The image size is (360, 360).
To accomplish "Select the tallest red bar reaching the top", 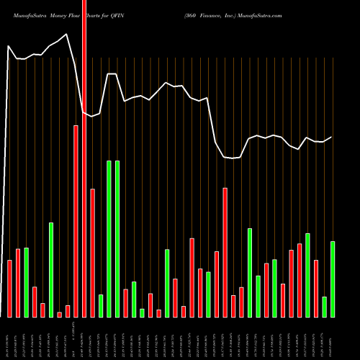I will coord(84,158).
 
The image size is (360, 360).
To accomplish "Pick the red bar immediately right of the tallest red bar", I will coord(92,253).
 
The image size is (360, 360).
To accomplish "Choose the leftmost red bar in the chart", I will coord(9,288).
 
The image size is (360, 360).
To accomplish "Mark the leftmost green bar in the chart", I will coord(26,282).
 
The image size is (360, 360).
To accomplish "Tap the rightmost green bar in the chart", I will coord(333,279).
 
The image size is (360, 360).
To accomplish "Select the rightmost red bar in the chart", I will coord(316,288).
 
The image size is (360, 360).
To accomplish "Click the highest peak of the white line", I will coord(68,34).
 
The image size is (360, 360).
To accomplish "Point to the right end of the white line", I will coord(332,137).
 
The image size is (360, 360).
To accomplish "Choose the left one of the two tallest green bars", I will coord(109,238).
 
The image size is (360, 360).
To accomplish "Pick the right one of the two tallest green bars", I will coord(117,238).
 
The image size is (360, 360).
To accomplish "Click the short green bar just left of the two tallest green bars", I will coord(101,305).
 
